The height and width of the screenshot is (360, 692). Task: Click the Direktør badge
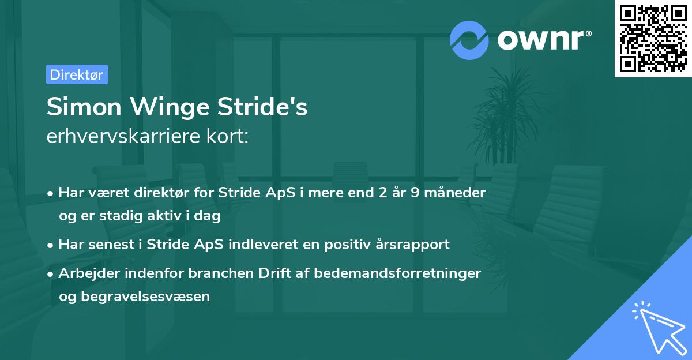coord(77,74)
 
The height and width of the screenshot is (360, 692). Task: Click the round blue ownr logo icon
coord(469,40)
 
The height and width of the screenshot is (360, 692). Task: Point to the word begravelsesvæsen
coord(134,297)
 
